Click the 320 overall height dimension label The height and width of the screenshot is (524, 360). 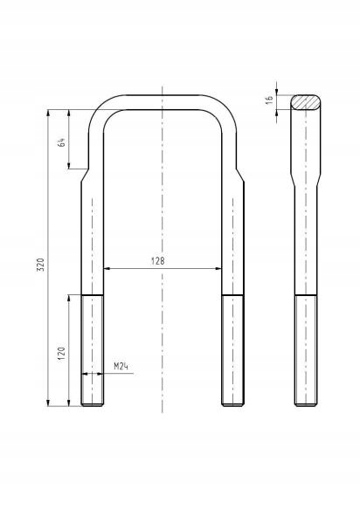pos(40,265)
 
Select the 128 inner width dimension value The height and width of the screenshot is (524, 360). pos(158,260)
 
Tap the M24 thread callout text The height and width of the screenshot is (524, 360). pos(121,366)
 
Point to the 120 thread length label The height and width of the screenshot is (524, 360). pos(61,354)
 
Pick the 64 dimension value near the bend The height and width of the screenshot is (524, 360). pos(61,142)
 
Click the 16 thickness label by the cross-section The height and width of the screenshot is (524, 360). pos(269,100)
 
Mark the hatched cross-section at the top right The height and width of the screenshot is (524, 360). pos(305,102)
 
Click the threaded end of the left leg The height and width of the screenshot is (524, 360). pos(93,350)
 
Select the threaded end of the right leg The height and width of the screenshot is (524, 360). pos(232,350)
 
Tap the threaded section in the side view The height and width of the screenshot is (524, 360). pos(306,350)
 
